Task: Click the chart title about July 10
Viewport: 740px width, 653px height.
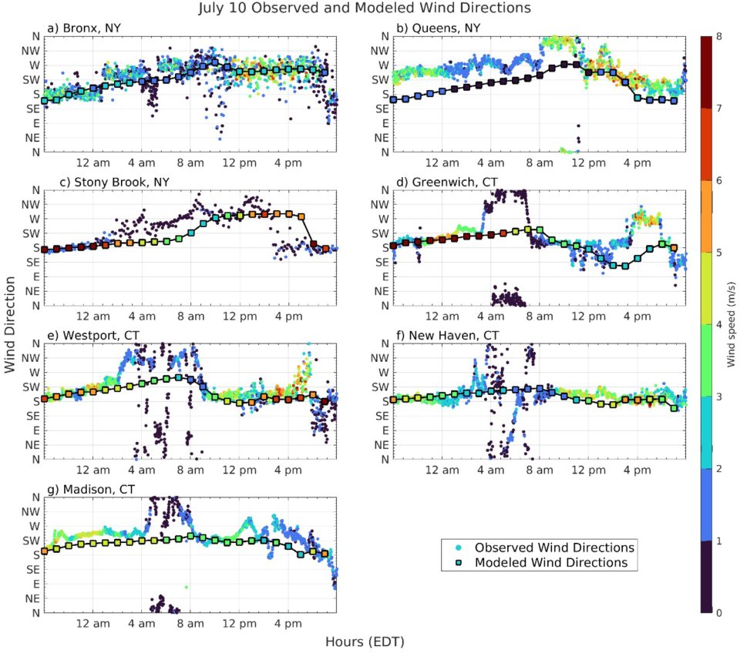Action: pyautogui.click(x=365, y=9)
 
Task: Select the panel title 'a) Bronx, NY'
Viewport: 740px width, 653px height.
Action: pyautogui.click(x=84, y=29)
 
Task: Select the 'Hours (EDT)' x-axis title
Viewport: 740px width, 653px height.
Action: pyautogui.click(x=365, y=641)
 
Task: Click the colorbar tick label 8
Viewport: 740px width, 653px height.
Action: pyautogui.click(x=718, y=35)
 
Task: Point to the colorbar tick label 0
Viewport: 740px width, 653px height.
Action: pyautogui.click(x=718, y=613)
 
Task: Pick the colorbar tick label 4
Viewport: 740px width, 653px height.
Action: pyautogui.click(x=718, y=324)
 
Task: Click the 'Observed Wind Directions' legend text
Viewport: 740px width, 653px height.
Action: pyautogui.click(x=554, y=548)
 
